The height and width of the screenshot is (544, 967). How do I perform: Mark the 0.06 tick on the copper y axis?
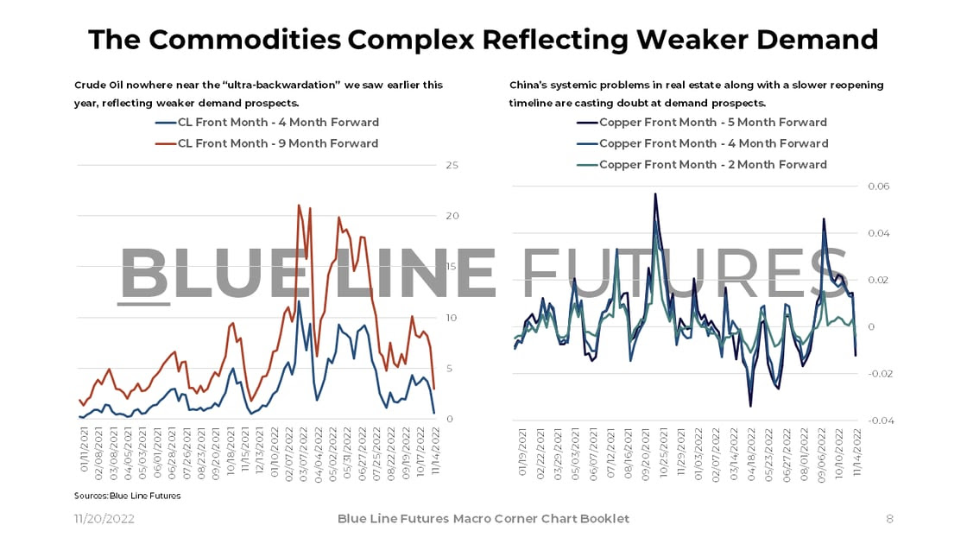(877, 187)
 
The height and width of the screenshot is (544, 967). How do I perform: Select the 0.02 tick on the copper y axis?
(877, 280)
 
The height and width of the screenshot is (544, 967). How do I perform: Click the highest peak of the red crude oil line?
(299, 206)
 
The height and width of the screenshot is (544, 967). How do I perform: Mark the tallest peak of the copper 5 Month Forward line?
(655, 194)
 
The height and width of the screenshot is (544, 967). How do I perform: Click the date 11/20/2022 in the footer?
(103, 519)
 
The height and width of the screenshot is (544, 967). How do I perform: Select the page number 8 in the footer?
(889, 519)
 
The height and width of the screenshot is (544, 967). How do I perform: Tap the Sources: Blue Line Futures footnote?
(127, 496)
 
